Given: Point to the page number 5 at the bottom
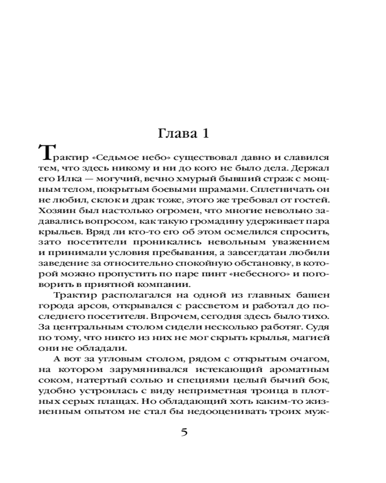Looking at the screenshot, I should click(184, 431).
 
